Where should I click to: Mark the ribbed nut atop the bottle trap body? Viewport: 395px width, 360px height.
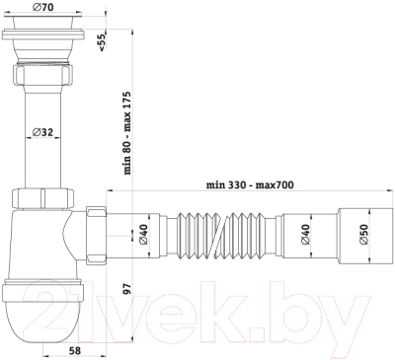(40, 198)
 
